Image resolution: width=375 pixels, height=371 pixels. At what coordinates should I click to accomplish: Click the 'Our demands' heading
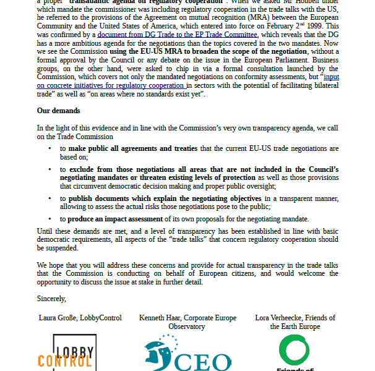coord(58,111)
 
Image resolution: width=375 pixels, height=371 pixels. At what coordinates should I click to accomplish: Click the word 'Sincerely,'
coord(51,299)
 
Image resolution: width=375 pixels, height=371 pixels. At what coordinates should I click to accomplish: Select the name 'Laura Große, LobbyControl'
coord(80,318)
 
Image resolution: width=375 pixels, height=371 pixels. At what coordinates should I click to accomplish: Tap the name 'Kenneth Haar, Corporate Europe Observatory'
coord(187,322)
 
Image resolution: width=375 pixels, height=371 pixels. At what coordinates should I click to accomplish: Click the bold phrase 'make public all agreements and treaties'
coord(133,149)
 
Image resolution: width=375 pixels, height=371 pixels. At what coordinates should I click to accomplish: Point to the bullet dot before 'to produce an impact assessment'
coord(50,219)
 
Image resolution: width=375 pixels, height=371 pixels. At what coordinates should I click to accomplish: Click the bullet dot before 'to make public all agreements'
coord(50,149)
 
